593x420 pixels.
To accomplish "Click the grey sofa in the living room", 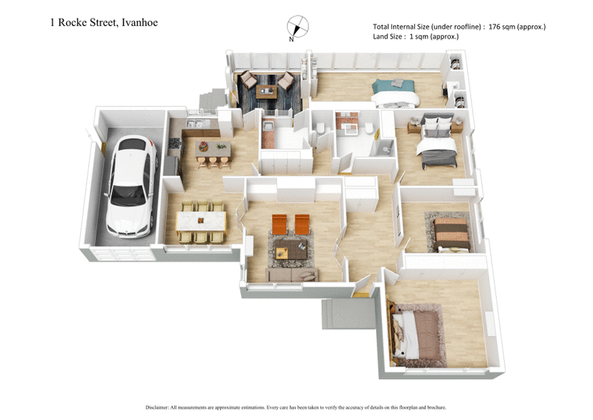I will pos(291,275).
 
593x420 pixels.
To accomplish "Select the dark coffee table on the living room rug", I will pos(289,252).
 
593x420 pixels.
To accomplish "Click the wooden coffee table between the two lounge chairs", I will pos(267,91).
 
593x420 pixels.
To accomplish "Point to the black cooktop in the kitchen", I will pos(176,143).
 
